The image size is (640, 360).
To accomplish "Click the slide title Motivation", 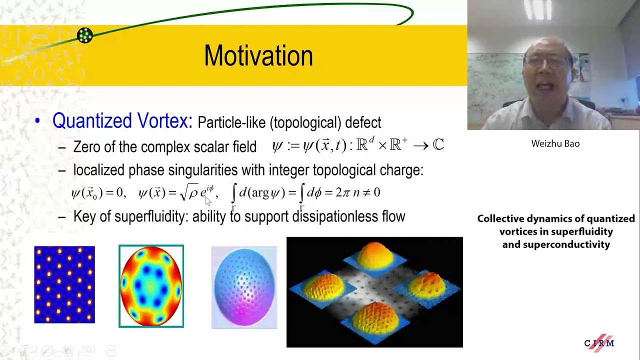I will click(x=258, y=55).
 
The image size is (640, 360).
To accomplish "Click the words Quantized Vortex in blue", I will click(x=122, y=121).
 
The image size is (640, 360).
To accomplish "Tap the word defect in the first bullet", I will click(x=367, y=122).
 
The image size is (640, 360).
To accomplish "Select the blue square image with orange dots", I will click(x=64, y=284).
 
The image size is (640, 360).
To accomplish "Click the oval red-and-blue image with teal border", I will click(x=151, y=286).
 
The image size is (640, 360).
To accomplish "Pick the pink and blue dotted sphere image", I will click(x=244, y=287).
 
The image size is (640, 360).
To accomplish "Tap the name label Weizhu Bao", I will click(x=555, y=143).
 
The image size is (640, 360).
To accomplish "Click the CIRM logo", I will click(x=599, y=342).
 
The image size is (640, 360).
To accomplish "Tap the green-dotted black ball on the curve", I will click(x=85, y=35).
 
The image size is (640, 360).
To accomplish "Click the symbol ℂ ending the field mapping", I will click(x=438, y=145).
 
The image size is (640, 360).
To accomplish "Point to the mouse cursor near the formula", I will click(x=208, y=200).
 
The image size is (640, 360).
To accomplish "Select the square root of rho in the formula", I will click(x=189, y=192).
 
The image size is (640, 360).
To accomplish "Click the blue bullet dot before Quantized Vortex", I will click(x=37, y=121).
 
